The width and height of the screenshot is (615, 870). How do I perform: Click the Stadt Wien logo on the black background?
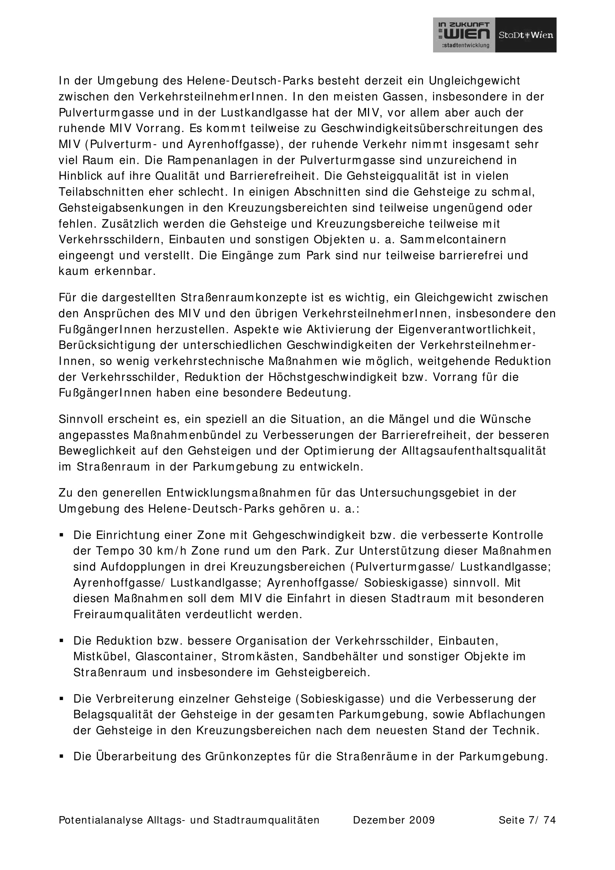coord(526,35)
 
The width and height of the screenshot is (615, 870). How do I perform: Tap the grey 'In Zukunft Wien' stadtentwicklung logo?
coord(464,35)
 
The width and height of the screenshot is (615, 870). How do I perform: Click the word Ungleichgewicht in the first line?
coord(474,81)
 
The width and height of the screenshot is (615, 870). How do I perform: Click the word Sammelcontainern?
coord(453,240)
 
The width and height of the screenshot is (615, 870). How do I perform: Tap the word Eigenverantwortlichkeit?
coord(467,329)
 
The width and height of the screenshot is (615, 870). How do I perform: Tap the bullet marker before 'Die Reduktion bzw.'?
coord(61,641)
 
